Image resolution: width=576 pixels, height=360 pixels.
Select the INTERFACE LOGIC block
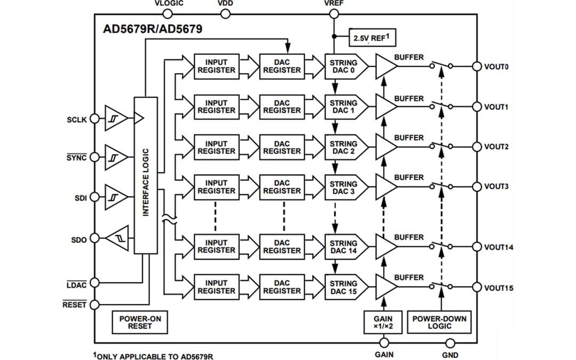click(146, 175)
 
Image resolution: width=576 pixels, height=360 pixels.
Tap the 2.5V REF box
click(372, 38)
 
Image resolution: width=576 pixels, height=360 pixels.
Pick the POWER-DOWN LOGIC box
click(439, 322)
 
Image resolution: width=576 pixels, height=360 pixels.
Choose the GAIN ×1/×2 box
click(382, 322)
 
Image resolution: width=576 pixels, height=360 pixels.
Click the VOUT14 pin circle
click(476, 247)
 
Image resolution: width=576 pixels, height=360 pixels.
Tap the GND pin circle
click(450, 343)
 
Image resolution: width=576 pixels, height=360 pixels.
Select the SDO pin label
click(79, 239)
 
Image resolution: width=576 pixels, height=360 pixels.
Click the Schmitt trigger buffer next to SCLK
click(116, 118)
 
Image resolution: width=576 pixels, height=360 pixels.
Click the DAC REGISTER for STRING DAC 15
click(282, 287)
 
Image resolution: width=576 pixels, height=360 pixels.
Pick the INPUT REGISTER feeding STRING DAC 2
click(216, 147)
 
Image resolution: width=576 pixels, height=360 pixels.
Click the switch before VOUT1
click(441, 106)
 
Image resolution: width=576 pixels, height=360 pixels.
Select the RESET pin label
click(74, 305)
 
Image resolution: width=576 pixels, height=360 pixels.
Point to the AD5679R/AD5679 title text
click(153, 29)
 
